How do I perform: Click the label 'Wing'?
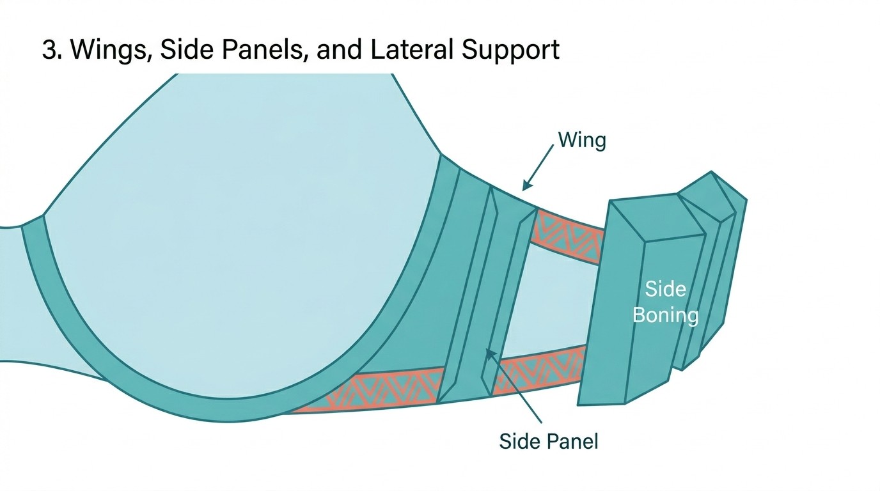coord(581,140)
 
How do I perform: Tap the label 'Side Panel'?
coord(548,440)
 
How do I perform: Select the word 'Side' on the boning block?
coord(665,289)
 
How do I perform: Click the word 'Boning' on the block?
coord(665,315)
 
